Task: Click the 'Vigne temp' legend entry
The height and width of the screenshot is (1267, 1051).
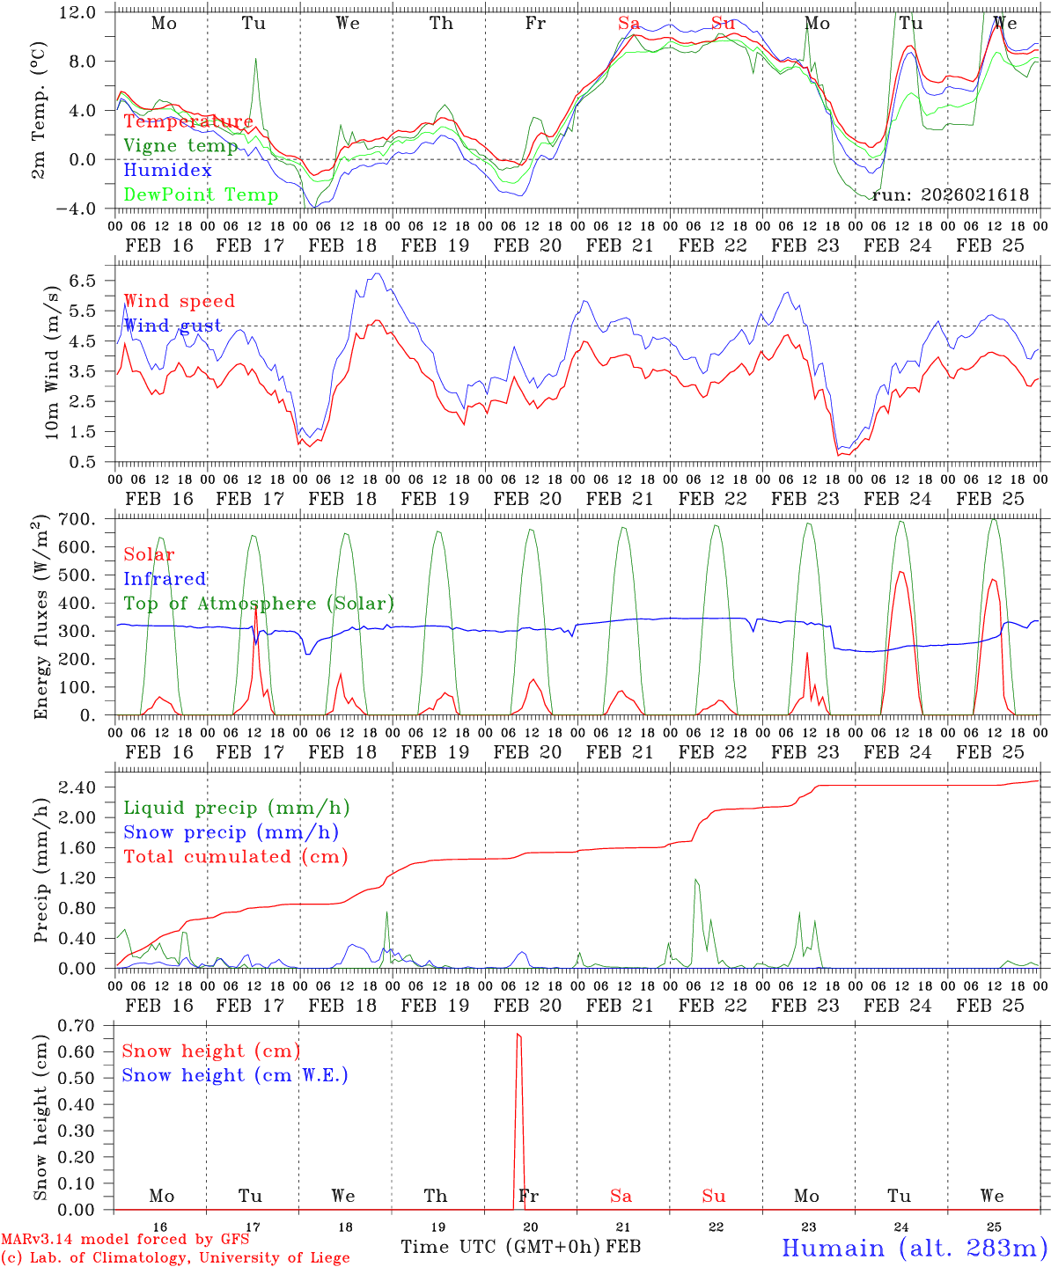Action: click(x=180, y=146)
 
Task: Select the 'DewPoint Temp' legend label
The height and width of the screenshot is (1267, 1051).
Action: click(x=201, y=194)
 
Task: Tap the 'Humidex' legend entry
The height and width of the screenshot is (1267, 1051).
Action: click(x=167, y=171)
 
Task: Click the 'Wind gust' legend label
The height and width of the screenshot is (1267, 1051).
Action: click(x=173, y=326)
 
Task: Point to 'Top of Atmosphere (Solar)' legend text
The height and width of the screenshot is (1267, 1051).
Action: click(x=259, y=604)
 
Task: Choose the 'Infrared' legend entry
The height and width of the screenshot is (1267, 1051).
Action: click(x=165, y=579)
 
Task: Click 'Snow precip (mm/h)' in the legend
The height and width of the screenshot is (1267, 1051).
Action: click(x=231, y=832)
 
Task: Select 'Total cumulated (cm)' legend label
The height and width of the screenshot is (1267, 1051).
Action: click(x=235, y=856)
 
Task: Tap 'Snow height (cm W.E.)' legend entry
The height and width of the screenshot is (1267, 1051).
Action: click(x=235, y=1075)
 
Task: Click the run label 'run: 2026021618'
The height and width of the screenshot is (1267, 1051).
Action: click(x=950, y=195)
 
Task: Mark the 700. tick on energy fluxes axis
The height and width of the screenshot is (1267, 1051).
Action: click(x=77, y=519)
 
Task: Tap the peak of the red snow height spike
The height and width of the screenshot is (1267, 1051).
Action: click(x=518, y=1035)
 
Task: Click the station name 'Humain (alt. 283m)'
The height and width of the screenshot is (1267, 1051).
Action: click(x=914, y=1248)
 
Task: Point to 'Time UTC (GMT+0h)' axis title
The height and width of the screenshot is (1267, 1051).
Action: click(x=501, y=1247)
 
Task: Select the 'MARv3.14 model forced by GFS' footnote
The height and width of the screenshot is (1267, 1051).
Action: click(x=125, y=1240)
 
